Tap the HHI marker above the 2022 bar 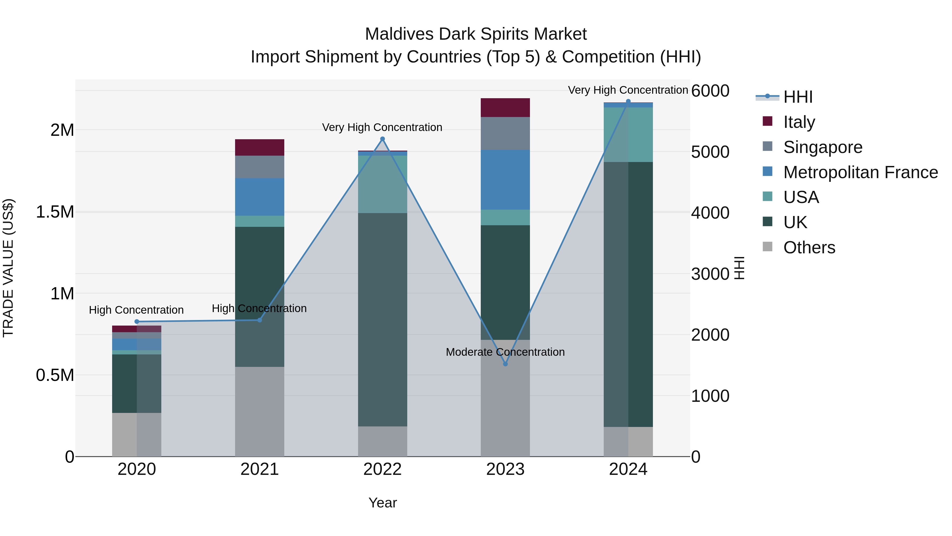point(382,139)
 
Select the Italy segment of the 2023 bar point(505,108)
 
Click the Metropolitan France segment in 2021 point(259,197)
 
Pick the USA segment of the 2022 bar point(382,184)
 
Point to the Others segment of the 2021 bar point(259,411)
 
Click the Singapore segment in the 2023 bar point(505,133)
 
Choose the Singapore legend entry point(823,147)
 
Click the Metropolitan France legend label point(860,172)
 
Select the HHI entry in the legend point(798,97)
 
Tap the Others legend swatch point(768,247)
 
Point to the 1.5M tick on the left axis point(55,212)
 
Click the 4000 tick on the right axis point(710,213)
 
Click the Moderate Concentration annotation point(505,352)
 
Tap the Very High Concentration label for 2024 point(628,90)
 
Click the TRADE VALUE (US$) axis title point(8,268)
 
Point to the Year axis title point(382,503)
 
